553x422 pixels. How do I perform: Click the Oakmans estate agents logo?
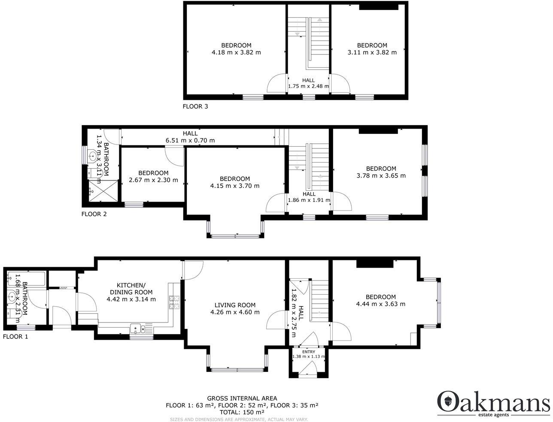[x=493, y=404]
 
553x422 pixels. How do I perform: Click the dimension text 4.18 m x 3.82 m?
[x=236, y=52]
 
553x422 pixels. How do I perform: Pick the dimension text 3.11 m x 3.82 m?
[x=372, y=52]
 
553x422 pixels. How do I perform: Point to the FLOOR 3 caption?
[x=195, y=106]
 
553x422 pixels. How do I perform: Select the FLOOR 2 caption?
[x=94, y=214]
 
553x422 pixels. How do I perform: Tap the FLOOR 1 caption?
[x=15, y=337]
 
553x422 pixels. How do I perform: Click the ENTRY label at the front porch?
[x=309, y=352]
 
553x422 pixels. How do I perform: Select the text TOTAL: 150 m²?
[x=242, y=412]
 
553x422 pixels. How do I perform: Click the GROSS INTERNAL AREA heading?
[x=242, y=398]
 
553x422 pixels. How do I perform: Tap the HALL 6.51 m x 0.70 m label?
[x=190, y=137]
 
